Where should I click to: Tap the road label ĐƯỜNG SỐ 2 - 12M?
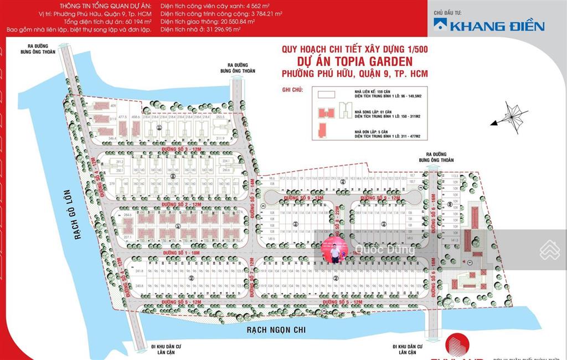click(181, 204)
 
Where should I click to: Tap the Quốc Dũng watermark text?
click(386, 249)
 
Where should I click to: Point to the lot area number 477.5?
click(122, 117)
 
